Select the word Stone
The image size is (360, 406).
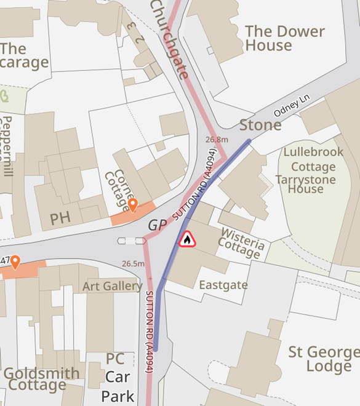[260, 125]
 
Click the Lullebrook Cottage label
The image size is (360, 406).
[310, 159]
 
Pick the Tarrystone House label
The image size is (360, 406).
[306, 184]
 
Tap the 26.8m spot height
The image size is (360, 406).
[217, 140]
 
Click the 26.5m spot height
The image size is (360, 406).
[133, 264]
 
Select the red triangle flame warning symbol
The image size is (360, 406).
[187, 239]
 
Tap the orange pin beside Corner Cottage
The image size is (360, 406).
[132, 205]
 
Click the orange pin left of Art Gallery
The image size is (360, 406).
[15, 262]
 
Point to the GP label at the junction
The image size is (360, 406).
[157, 226]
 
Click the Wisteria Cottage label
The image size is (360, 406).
[242, 242]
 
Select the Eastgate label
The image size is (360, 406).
[223, 285]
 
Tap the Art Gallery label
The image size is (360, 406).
[113, 287]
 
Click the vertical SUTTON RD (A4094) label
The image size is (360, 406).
[150, 332]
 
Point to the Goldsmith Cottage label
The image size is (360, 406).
[41, 380]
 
